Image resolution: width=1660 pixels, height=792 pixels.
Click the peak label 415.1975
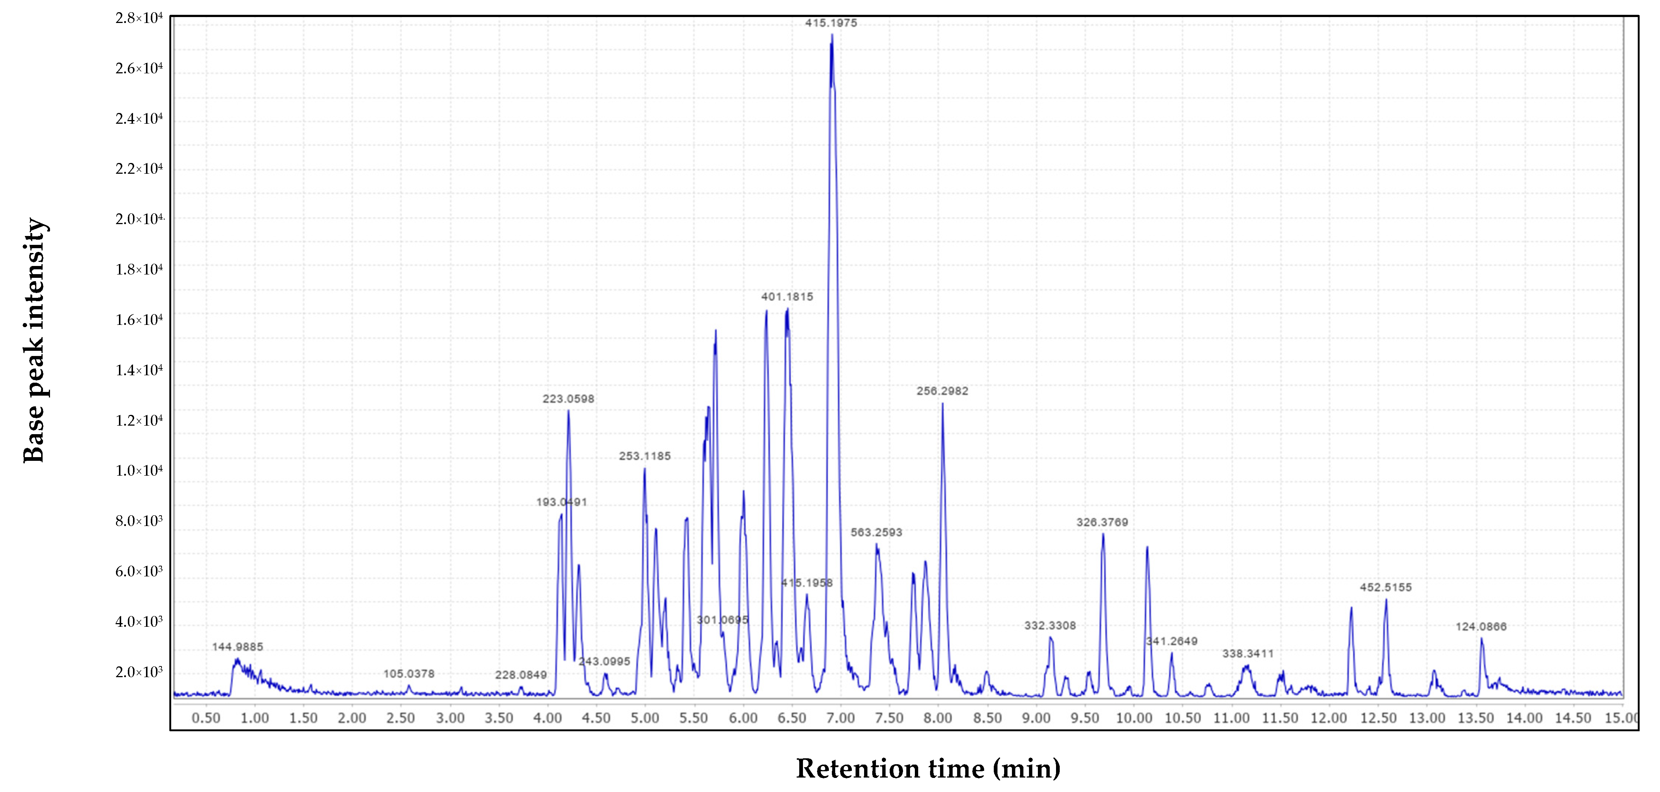[831, 23]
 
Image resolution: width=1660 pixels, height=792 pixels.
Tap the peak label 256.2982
[942, 391]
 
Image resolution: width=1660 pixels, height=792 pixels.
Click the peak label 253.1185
[644, 456]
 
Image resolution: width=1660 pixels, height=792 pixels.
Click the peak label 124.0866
[1481, 627]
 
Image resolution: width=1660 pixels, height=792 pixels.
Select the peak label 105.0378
[409, 674]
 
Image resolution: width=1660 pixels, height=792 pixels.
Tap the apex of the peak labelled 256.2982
[942, 404]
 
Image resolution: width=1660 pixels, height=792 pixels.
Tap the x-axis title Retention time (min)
[928, 769]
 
